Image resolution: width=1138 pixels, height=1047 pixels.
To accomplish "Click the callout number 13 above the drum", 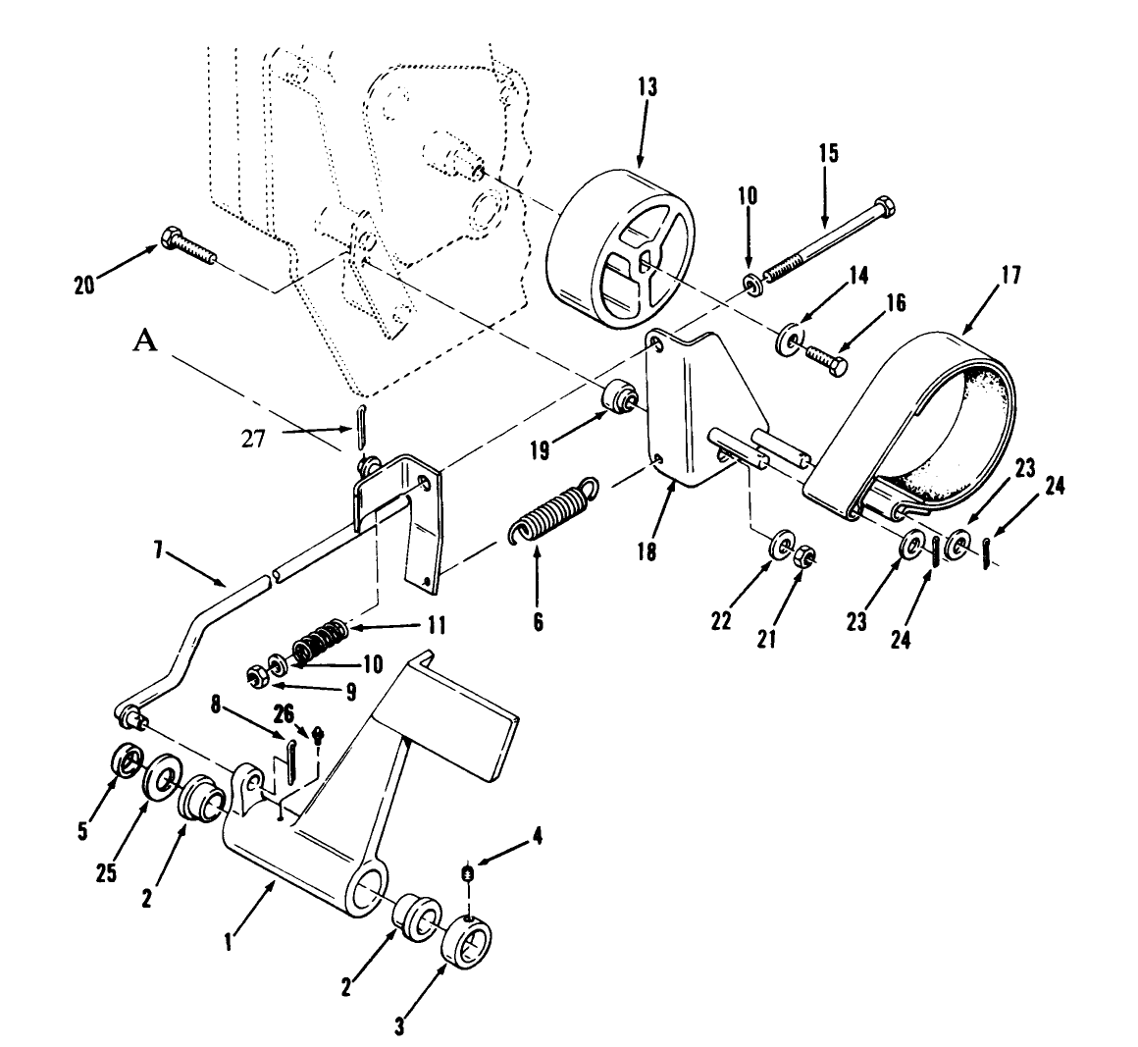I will pyautogui.click(x=647, y=88).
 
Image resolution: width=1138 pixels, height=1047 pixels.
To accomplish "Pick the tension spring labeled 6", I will pyautogui.click(x=551, y=511).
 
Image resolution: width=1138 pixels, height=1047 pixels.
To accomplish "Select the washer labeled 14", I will pyautogui.click(x=788, y=342).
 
